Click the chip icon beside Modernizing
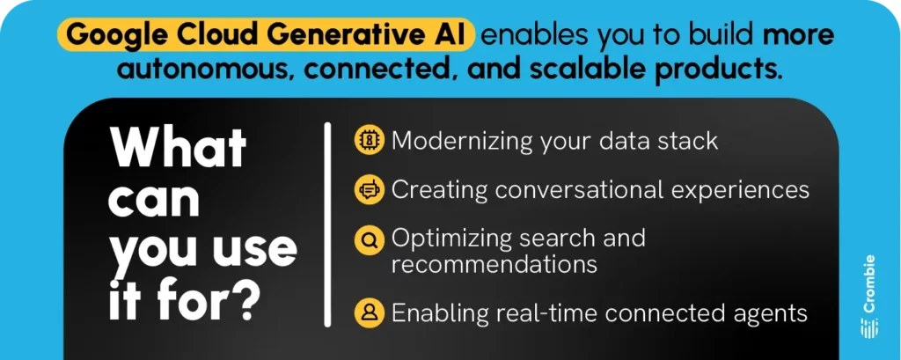coord(369,140)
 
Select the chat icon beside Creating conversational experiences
coord(369,188)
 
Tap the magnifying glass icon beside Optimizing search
coord(369,238)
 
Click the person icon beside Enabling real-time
coord(369,312)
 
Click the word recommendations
coord(494,263)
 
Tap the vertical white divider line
coord(327,224)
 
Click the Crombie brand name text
coord(869,283)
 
